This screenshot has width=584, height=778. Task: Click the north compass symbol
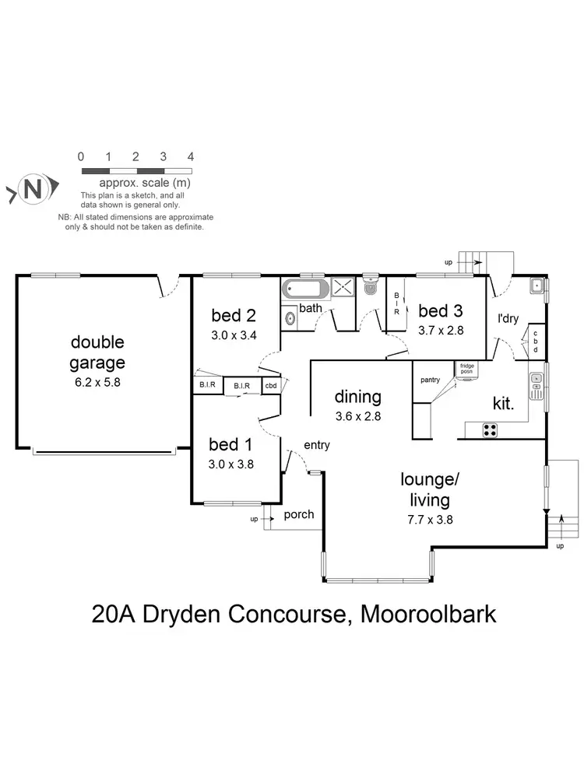[x=30, y=188]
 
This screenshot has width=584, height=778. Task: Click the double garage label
[x=97, y=352]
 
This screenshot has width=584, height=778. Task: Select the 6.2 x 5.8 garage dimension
[x=97, y=382]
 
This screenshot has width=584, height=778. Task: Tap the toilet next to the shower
[x=369, y=287]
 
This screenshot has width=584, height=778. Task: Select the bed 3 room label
[x=440, y=311]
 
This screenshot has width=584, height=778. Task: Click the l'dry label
[x=508, y=318]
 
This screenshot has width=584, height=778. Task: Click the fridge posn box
[x=466, y=368]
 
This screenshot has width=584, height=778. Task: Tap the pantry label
[x=429, y=380]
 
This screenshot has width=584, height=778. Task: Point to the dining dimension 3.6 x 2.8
[x=358, y=415]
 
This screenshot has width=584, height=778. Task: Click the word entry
[x=317, y=446]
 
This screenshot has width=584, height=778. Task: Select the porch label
[x=298, y=514]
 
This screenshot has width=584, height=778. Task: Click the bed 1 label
[x=231, y=446]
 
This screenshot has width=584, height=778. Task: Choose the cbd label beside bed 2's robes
[x=271, y=385]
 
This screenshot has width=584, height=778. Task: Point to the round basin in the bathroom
[x=290, y=317]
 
